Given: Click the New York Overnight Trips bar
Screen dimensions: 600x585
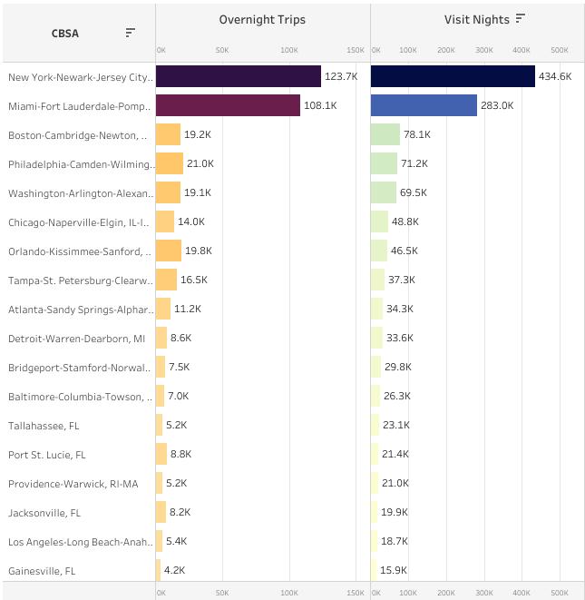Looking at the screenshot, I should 238,76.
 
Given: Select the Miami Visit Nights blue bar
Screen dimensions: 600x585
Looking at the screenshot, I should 424,105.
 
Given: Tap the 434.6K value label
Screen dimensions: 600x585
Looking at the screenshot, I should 555,76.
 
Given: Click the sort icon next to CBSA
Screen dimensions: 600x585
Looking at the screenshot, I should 131,33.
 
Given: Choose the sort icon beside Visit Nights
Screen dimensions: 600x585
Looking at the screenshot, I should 521,18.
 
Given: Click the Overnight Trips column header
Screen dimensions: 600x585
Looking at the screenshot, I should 262,19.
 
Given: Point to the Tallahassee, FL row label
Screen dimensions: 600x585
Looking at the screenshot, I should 44,425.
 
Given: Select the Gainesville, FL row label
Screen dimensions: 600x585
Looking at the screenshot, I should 42,570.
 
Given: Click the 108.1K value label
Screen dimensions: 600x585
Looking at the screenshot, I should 320,105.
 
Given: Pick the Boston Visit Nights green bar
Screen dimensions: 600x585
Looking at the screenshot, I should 385,134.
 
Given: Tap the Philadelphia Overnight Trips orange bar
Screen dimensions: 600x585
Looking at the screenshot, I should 170,163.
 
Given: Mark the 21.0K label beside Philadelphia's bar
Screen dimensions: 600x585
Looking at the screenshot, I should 200,163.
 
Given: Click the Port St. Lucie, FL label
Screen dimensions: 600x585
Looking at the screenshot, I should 46,454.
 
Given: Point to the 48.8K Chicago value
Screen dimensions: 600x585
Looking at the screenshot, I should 405,221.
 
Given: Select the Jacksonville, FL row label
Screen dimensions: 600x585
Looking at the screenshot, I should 44,512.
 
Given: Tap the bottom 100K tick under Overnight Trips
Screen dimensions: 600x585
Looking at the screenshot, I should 289,592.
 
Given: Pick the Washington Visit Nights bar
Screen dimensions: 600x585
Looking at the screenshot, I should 384,192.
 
